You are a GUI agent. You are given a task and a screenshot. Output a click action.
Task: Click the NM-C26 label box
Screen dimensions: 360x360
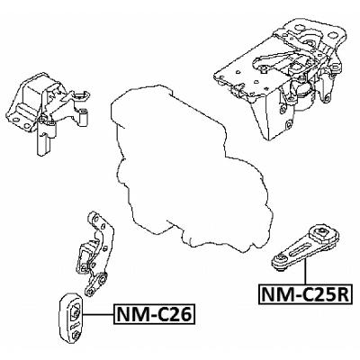(x=155, y=314)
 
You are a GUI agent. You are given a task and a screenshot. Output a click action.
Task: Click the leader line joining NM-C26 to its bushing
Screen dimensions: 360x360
(x=99, y=314)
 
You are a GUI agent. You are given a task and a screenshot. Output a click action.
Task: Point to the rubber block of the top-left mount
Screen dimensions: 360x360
(x=34, y=94)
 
